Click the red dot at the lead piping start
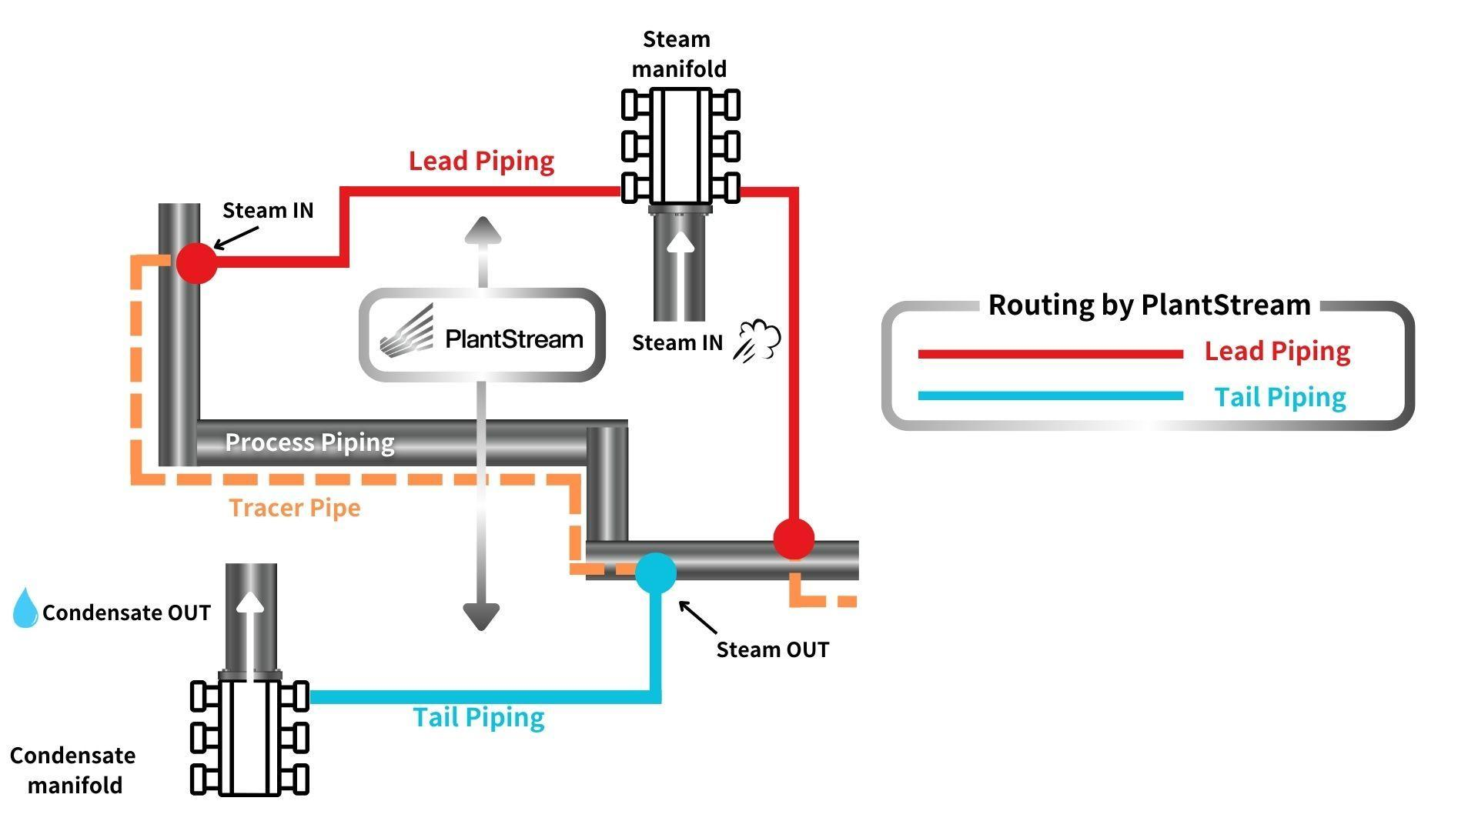[196, 263]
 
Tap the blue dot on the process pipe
[656, 572]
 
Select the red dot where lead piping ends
[794, 539]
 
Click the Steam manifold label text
[677, 54]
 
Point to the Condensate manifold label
[73, 769]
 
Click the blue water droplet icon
[25, 608]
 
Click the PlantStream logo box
[482, 335]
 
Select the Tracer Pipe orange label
[295, 508]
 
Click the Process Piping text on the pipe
[309, 442]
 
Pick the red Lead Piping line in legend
[1050, 354]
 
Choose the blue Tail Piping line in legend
[1050, 396]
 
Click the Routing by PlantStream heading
[1149, 305]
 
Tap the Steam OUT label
[772, 649]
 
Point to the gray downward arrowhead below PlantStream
[482, 616]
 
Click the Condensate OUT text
[126, 612]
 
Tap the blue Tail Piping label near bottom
[479, 717]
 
